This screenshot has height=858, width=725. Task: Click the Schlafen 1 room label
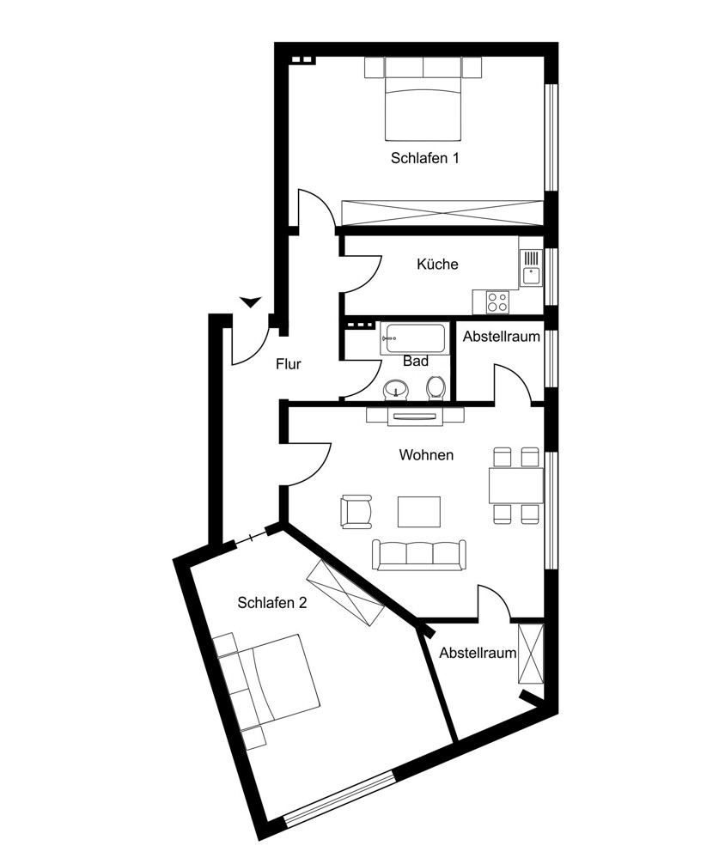point(424,158)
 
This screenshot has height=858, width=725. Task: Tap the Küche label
point(437,264)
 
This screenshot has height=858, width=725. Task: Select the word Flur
point(288,364)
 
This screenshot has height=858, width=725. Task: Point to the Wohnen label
point(426,454)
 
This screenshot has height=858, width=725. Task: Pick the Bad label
point(415,362)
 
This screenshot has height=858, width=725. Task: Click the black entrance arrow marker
point(250,301)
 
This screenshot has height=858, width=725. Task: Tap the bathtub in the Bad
point(414,339)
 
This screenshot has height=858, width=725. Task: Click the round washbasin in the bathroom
point(396,389)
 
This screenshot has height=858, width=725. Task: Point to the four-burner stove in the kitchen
point(497,301)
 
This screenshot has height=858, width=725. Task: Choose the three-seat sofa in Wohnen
point(418,555)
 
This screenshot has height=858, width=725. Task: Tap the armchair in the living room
point(356,512)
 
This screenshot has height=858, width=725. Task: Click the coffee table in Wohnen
point(418,512)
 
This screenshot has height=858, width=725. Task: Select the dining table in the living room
point(515,485)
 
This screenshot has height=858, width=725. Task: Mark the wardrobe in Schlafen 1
point(442,212)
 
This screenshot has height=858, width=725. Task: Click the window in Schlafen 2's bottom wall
point(340,800)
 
